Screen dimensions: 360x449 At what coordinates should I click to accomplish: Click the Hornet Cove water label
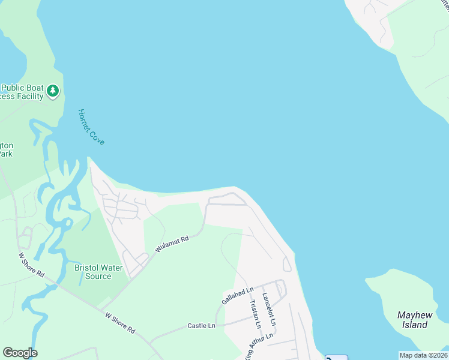pos(91,127)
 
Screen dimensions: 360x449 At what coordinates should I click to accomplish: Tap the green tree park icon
pos(53,91)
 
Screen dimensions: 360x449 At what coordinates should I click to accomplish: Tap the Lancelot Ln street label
pos(268,310)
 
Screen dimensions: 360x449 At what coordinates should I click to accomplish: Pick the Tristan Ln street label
pos(255,314)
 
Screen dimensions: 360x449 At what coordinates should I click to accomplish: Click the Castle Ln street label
pos(201,325)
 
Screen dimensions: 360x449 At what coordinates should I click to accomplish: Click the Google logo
pos(20,353)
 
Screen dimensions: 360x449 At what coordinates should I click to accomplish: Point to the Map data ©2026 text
pos(423,355)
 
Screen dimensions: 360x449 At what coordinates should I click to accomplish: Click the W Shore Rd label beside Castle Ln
pos(120,323)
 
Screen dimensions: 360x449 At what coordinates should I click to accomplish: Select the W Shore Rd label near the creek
pos(32,265)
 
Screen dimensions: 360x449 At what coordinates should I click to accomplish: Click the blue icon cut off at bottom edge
pos(337,357)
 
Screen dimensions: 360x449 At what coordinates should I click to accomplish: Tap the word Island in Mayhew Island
pos(414,325)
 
